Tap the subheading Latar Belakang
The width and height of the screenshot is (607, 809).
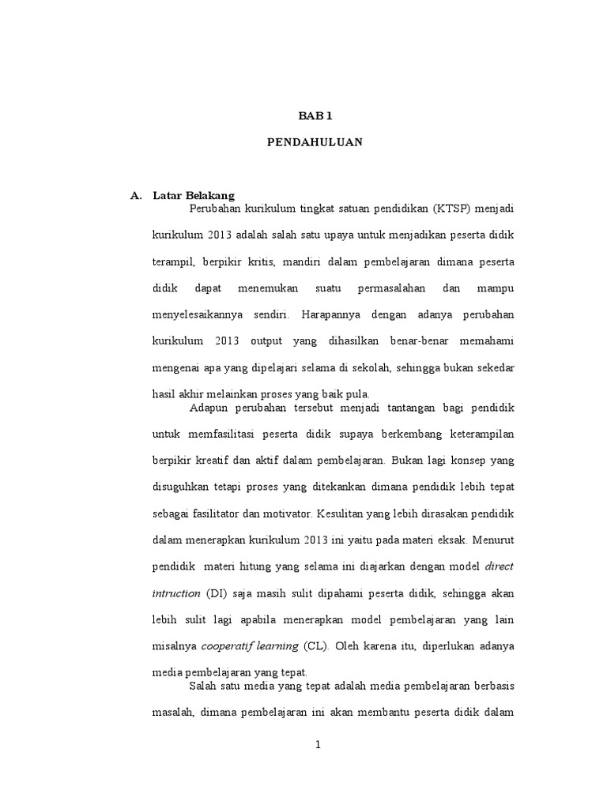pos(194,195)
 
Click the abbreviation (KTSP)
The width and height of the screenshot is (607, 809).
pos(450,209)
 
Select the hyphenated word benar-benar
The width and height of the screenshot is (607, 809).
pos(422,342)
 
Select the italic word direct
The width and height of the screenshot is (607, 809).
pos(499,566)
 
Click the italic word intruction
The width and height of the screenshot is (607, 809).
pos(175,593)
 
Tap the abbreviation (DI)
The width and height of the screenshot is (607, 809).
pos(217,593)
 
